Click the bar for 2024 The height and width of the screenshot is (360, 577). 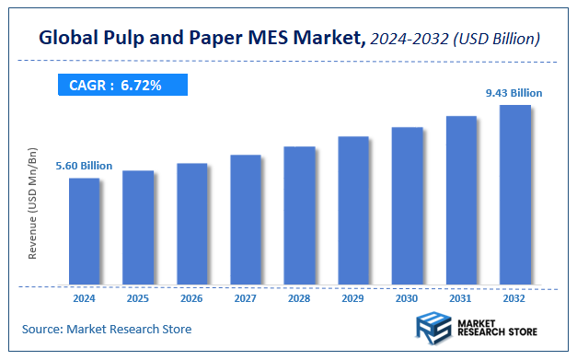pos(84,231)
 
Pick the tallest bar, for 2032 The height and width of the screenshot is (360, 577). pos(514,194)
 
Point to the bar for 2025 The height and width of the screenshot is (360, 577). pos(138,227)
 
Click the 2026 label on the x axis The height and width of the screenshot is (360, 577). pos(191,298)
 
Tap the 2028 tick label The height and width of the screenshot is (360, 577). pos(299,298)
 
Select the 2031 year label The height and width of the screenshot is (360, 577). pos(461,298)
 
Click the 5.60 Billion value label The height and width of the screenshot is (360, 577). pos(84,166)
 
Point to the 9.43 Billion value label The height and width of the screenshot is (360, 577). pos(514,93)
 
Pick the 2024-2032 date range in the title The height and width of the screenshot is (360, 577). pos(407,40)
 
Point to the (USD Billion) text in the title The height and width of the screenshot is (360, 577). pos(494,40)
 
